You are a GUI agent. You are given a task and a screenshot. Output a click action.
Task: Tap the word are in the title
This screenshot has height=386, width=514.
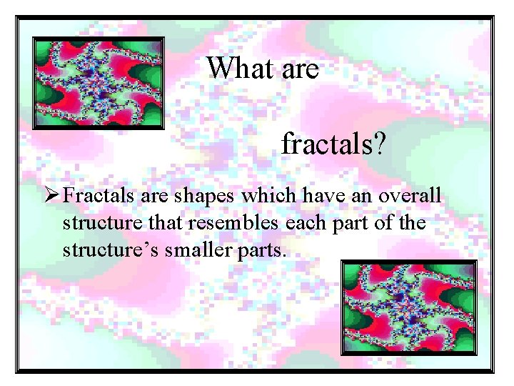300,69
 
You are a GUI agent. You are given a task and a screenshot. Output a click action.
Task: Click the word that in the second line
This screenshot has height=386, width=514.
168,224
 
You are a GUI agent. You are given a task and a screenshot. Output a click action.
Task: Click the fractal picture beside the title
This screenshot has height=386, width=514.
98,83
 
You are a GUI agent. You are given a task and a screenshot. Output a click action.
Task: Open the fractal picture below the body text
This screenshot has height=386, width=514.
408,307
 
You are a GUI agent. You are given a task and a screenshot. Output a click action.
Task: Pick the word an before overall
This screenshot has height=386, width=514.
365,196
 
